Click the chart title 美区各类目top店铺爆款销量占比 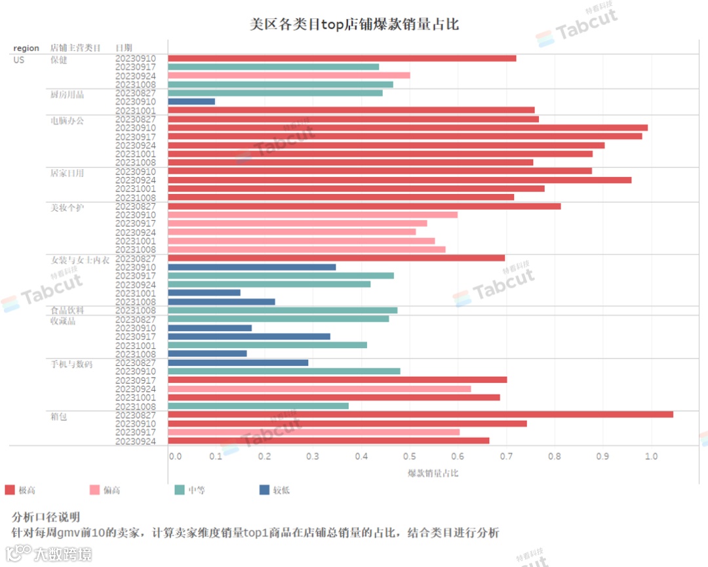coord(354,25)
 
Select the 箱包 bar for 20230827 coord(420,414)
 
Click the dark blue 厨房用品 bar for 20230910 coord(191,102)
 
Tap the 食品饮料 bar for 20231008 coord(283,310)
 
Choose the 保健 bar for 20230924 coord(289,75)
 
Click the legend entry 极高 coord(19,490)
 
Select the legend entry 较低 coord(275,490)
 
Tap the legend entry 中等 coord(189,490)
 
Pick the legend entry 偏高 coord(104,490)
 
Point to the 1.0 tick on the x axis coord(651,456)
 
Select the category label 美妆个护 coord(68,208)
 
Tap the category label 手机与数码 coord(71,364)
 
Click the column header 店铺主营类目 coord(76,48)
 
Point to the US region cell coord(19,60)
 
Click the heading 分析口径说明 coord(47,517)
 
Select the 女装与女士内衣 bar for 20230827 coord(336,258)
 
